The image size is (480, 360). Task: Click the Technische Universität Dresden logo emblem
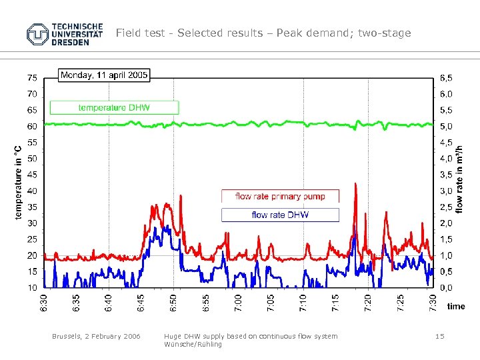[38, 33]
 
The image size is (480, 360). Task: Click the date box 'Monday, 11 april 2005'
[105, 75]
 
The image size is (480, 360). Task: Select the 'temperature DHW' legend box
[114, 107]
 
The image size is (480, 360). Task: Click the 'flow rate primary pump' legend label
[280, 196]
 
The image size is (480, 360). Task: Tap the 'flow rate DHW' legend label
[280, 215]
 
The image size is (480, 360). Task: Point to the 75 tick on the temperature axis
[32, 78]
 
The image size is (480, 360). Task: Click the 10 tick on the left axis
[32, 288]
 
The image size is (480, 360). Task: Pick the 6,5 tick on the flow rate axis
[445, 78]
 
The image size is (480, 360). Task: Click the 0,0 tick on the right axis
[445, 288]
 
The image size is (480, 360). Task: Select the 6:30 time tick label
[44, 303]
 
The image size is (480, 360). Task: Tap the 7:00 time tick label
[239, 303]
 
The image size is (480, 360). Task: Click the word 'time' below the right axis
[456, 307]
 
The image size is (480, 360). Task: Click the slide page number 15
[439, 337]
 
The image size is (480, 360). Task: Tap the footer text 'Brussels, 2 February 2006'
[96, 337]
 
